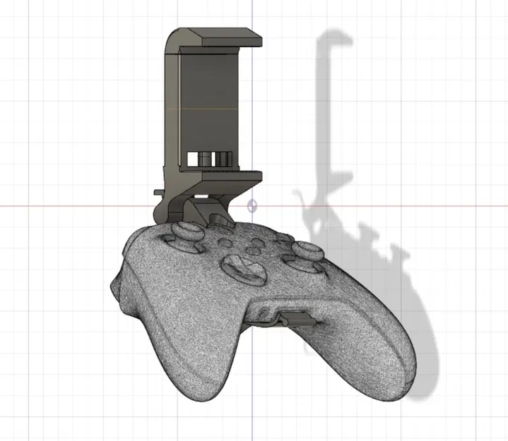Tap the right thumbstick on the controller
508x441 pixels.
(x=307, y=250)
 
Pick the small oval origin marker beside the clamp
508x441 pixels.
(x=253, y=206)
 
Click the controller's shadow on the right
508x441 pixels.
(x=417, y=310)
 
